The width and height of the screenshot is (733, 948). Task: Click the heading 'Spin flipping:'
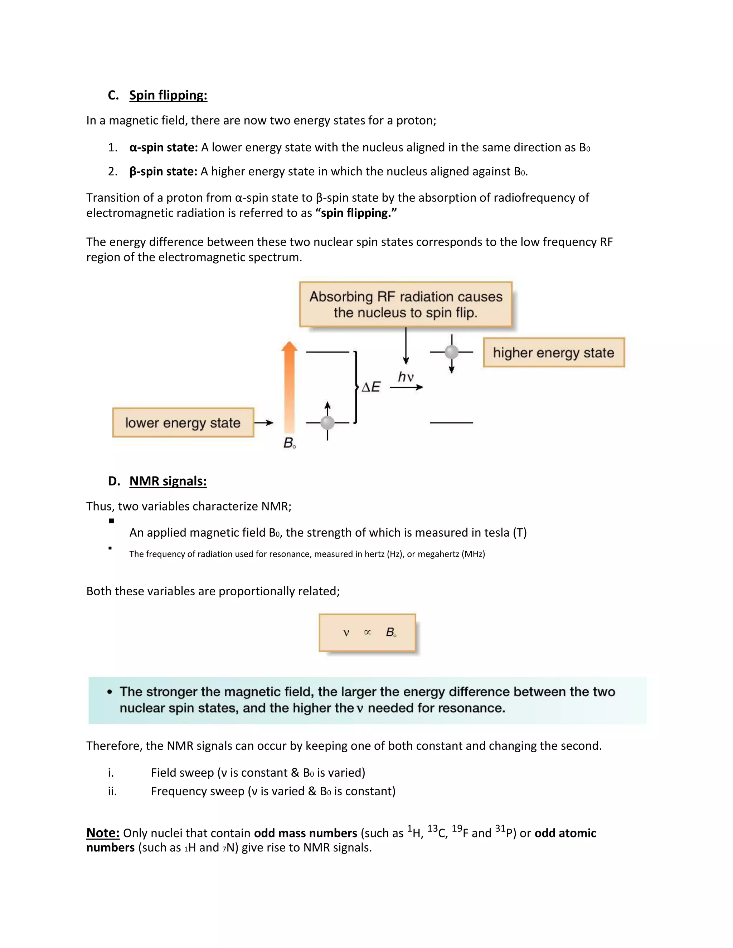point(168,95)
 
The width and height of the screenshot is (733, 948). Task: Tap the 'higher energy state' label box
point(554,352)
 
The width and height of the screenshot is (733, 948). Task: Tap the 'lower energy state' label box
point(183,422)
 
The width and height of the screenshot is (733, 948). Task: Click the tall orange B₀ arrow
point(289,386)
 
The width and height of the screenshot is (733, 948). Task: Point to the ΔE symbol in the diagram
point(371,387)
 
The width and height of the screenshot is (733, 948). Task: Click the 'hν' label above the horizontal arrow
point(406,376)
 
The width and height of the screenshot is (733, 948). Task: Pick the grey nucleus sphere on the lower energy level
point(327,422)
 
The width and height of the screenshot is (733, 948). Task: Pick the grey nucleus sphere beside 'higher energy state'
point(452,352)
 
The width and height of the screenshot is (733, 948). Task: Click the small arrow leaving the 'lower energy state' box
point(263,422)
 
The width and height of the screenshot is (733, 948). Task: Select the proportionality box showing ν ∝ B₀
point(367,632)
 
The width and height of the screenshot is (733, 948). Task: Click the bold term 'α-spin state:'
point(164,148)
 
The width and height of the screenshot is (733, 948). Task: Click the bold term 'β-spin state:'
point(163,171)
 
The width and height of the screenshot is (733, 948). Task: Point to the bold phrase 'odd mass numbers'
point(305,833)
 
